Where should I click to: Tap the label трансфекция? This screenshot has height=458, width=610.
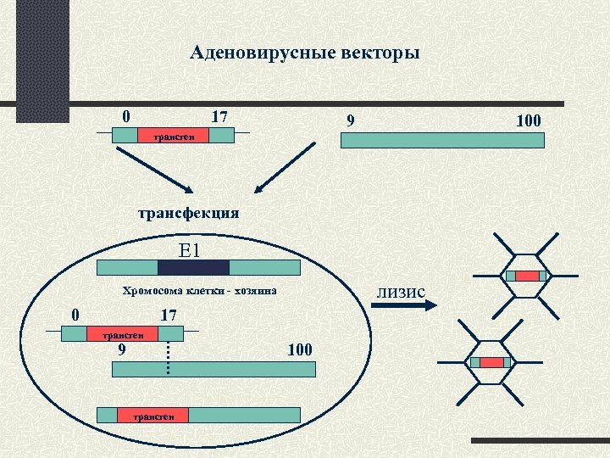pyautogui.click(x=188, y=213)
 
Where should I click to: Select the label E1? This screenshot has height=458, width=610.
pyautogui.click(x=189, y=250)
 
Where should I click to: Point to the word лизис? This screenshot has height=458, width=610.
pyautogui.click(x=401, y=292)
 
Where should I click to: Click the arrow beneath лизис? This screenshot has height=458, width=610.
pyautogui.click(x=403, y=307)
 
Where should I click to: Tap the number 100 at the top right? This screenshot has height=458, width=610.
pyautogui.click(x=529, y=121)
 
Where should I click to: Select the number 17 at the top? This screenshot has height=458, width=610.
pyautogui.click(x=219, y=115)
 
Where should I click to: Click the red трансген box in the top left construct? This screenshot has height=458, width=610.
pyautogui.click(x=173, y=135)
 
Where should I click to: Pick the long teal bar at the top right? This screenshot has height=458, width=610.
pyautogui.click(x=441, y=140)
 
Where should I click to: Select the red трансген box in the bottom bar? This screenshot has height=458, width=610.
pyautogui.click(x=152, y=415)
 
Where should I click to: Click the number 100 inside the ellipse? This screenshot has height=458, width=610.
pyautogui.click(x=300, y=349)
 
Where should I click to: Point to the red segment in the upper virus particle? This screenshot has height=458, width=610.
pyautogui.click(x=527, y=276)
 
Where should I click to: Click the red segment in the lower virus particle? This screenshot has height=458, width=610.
pyautogui.click(x=491, y=362)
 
